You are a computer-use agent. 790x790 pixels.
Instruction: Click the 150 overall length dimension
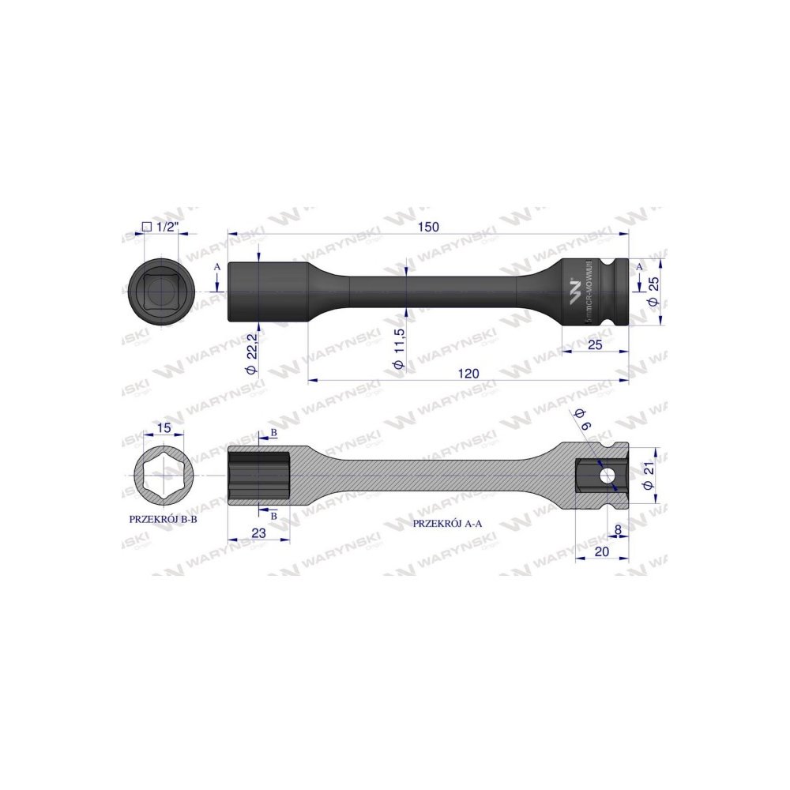(x=428, y=227)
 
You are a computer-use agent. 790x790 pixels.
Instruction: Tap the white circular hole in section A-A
(x=606, y=476)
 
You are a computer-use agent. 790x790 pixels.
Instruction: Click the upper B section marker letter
(x=273, y=433)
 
